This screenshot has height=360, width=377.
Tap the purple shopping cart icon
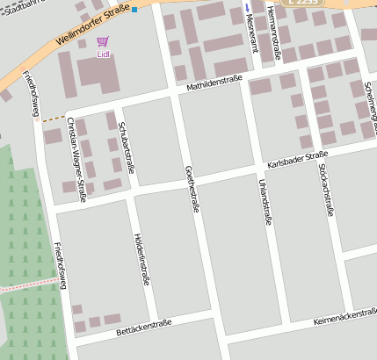coord(103,41)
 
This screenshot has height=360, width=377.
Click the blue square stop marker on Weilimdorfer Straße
coord(134,10)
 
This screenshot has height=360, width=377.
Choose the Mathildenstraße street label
coord(214,86)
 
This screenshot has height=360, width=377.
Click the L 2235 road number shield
coord(301,3)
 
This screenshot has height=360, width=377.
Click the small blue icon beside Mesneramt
coord(247,7)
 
